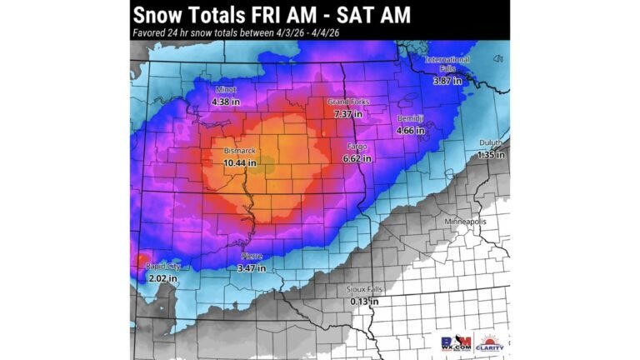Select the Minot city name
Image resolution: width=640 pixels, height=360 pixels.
pos(226,89)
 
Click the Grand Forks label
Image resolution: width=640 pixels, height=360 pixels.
pos(347,102)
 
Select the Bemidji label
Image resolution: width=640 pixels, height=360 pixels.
pos(410,118)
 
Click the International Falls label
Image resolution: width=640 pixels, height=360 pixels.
pos(447,64)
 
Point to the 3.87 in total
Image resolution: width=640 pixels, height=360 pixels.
pos(447,81)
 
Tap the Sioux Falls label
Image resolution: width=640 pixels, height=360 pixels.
pos(363,289)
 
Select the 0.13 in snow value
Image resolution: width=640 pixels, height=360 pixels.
pos(363,301)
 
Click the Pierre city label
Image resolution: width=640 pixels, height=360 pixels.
pos(252,256)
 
